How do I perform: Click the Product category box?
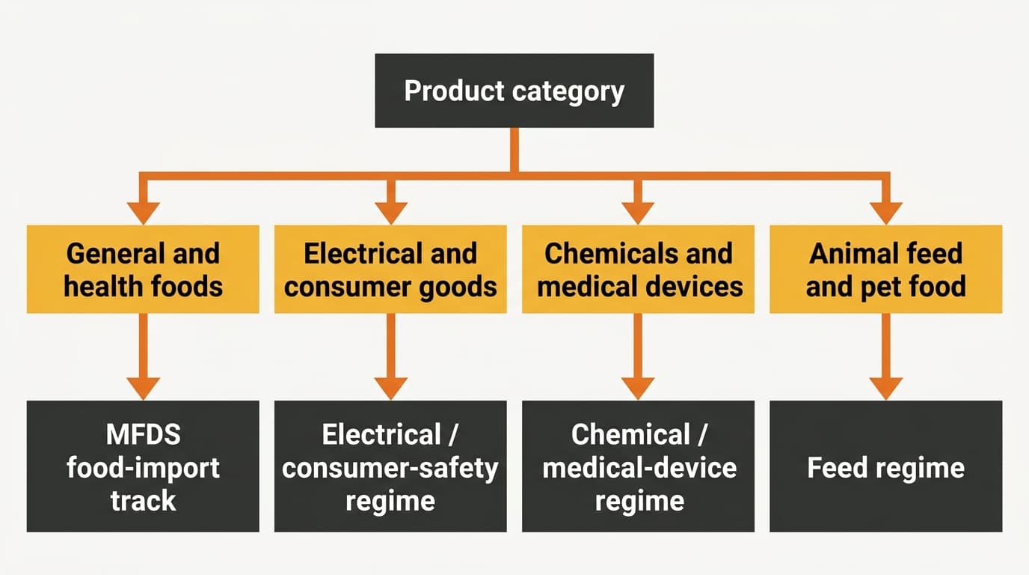point(514,91)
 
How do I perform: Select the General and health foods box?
point(143,269)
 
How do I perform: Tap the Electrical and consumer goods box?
point(390,269)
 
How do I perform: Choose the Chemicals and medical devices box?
point(638,269)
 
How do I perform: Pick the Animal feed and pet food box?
point(885,269)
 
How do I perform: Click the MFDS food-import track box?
point(143,466)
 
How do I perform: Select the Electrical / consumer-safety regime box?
point(390,466)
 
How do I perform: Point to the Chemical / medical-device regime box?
point(638,466)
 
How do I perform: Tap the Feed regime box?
point(885,466)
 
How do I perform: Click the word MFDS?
point(144,434)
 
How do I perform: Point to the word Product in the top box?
point(455,91)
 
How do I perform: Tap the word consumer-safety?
point(390,468)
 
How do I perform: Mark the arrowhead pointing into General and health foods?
point(144,213)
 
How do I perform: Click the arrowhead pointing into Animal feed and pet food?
point(886,213)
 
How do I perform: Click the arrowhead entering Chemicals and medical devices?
point(638,213)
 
